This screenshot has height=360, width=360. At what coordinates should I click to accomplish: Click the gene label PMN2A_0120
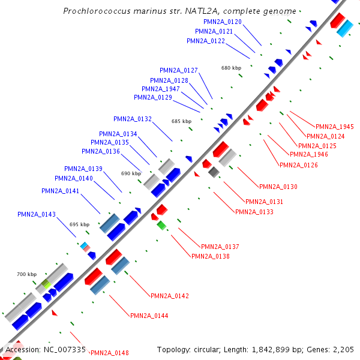pyautogui.click(x=223, y=22)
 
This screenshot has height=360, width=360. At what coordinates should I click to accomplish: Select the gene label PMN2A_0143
pyautogui.click(x=37, y=214)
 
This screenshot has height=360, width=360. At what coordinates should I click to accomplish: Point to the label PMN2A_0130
pyautogui.click(x=278, y=187)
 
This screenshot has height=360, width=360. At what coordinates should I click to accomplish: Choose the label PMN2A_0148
pyautogui.click(x=110, y=353)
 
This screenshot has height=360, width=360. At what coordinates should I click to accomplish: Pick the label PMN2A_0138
pyautogui.click(x=211, y=256)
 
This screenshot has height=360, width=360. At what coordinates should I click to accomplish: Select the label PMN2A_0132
pyautogui.click(x=133, y=119)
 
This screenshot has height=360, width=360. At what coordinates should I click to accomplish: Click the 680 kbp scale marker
pyautogui.click(x=231, y=68)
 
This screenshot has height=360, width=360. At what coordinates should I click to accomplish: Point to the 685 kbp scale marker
pyautogui.click(x=181, y=121)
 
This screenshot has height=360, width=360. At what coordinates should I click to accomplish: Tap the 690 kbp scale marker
pyautogui.click(x=131, y=173)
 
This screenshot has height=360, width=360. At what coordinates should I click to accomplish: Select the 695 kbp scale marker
pyautogui.click(x=79, y=224)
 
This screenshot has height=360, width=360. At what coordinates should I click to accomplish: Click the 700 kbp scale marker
pyautogui.click(x=26, y=274)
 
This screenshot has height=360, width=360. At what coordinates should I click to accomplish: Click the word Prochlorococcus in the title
pyautogui.click(x=94, y=11)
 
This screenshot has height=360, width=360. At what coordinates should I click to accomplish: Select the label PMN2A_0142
pyautogui.click(x=170, y=296)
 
